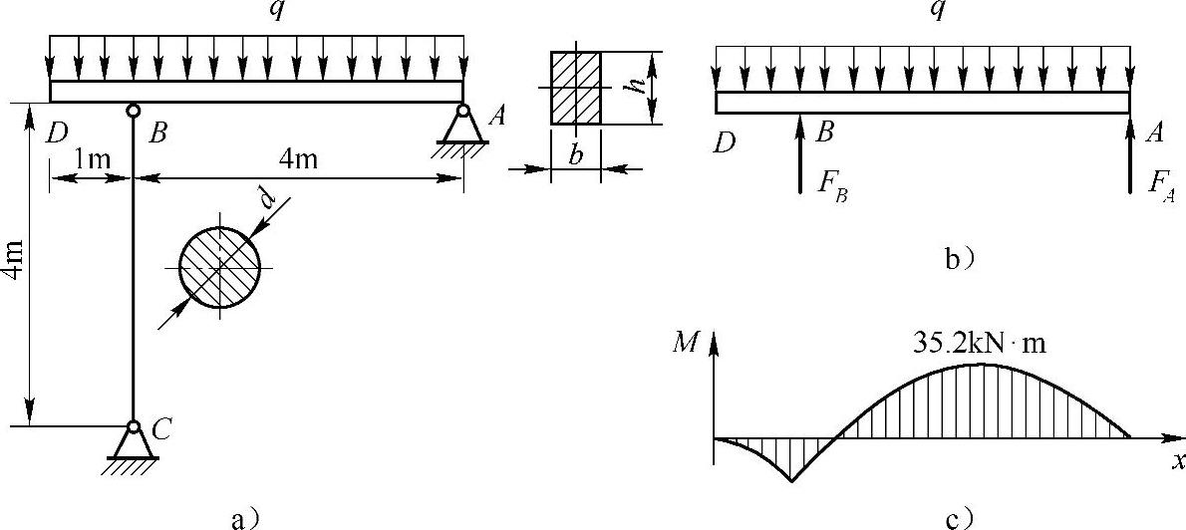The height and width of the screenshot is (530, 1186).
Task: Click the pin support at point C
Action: point(133,441)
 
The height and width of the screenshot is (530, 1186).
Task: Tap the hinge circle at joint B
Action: point(133,110)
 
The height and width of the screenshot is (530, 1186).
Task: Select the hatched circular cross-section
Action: point(219,267)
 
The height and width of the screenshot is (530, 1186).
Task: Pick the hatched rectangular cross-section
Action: point(576,88)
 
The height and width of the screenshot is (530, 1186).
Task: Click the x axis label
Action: point(1176,460)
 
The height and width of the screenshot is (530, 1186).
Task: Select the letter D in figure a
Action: point(56,132)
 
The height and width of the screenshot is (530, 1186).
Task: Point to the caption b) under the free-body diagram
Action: point(959,261)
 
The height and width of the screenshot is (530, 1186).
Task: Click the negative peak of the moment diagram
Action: point(791,481)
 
